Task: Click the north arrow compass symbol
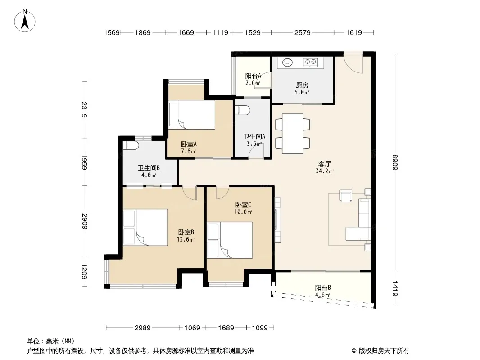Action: [x=25, y=21]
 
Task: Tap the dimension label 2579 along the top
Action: [x=303, y=32]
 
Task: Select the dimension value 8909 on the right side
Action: [x=395, y=162]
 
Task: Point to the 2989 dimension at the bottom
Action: [x=143, y=328]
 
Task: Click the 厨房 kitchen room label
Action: [x=302, y=85]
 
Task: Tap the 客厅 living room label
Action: [x=325, y=164]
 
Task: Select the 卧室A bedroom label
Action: [x=189, y=144]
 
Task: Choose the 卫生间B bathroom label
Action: [x=149, y=168]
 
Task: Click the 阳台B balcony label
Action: [x=323, y=288]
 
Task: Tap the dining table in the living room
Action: [x=293, y=134]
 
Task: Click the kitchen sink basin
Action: [x=287, y=63]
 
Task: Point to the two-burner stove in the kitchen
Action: [x=311, y=63]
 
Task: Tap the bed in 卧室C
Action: [x=230, y=240]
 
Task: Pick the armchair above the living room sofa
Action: [x=346, y=196]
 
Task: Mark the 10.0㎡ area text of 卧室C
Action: [x=243, y=212]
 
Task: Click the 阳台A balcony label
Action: [x=253, y=76]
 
